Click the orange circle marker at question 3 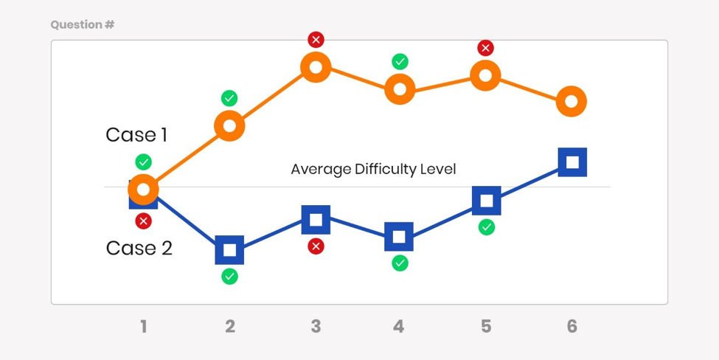point(315,68)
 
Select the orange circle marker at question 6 point(571,101)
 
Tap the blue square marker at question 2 point(229,250)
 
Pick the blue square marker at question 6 point(572,162)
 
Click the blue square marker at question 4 point(399,237)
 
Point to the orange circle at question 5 point(485,75)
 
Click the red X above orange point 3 point(316,39)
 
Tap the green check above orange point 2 point(229,98)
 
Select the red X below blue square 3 point(316,246)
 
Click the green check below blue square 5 point(486,227)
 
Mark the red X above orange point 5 point(485,48)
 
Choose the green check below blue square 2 point(229,277)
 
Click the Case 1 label point(136,135)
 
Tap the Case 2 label point(139,248)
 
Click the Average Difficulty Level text point(373,169)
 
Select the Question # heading point(82,25)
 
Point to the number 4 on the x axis point(399,326)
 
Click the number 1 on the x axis point(143,326)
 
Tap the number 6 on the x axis point(572,326)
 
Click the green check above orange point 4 point(400,61)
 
